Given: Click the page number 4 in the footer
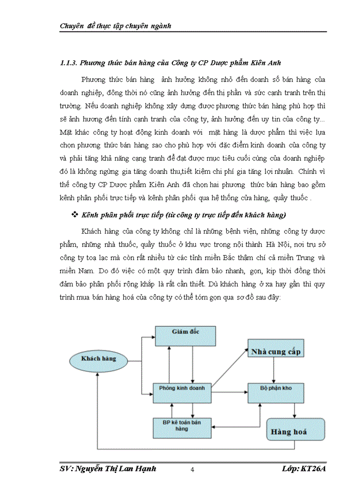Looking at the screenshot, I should [191, 469].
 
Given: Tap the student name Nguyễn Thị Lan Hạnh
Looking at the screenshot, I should [118, 469].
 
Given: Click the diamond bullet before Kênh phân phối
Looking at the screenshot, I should [75, 214].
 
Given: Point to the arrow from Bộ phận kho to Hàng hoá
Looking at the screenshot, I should [294, 409].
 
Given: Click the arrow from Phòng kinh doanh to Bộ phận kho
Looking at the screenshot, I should [229, 393].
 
